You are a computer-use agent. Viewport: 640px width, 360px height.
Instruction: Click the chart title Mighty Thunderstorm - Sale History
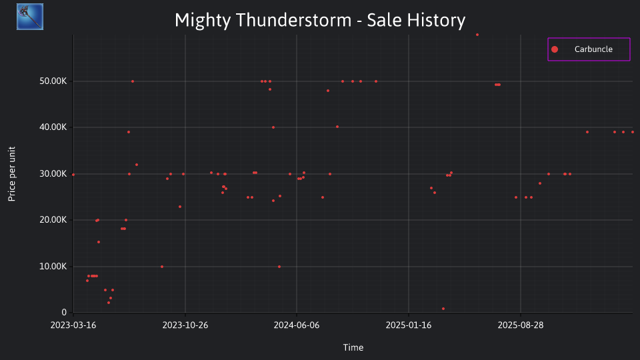tap(320, 21)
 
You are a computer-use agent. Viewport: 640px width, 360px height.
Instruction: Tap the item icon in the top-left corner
tap(30, 17)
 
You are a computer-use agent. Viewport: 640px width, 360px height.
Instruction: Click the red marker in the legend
tap(554, 49)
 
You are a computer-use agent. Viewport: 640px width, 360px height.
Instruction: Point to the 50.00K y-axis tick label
tap(53, 81)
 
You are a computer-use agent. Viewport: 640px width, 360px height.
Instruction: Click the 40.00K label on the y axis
tap(53, 127)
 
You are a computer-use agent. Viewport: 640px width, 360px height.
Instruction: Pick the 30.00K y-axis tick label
tap(53, 174)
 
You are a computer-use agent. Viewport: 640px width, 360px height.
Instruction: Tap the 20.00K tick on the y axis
tap(53, 220)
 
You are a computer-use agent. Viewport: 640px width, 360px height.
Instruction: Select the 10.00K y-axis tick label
tap(53, 267)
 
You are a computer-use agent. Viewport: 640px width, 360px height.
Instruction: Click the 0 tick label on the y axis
tap(64, 313)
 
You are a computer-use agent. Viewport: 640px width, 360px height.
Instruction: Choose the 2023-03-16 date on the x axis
tap(73, 325)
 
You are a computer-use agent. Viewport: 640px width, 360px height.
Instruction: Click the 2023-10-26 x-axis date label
tap(185, 325)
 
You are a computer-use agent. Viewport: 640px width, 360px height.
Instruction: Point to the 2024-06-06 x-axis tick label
tap(297, 325)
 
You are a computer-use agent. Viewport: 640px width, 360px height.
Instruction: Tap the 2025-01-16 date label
tap(409, 325)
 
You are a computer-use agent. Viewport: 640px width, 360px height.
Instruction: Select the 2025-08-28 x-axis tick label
tap(521, 325)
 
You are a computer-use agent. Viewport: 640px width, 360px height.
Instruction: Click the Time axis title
tap(353, 347)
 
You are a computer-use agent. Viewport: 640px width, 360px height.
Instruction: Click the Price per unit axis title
tap(12, 174)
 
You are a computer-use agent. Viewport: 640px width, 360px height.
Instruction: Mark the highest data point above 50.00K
tap(477, 35)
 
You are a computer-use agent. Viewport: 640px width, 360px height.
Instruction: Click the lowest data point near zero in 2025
tap(443, 309)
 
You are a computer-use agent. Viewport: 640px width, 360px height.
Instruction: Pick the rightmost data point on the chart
tap(633, 132)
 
